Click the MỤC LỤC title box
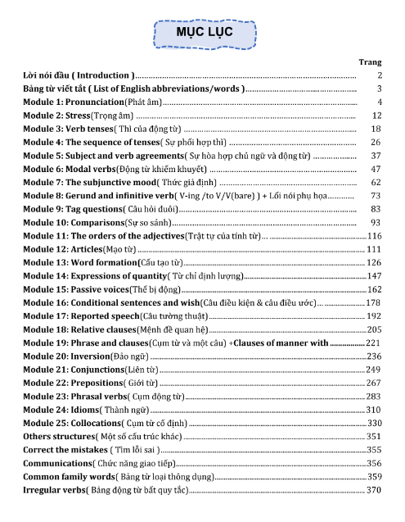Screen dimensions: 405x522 pyautogui.click(x=205, y=33)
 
